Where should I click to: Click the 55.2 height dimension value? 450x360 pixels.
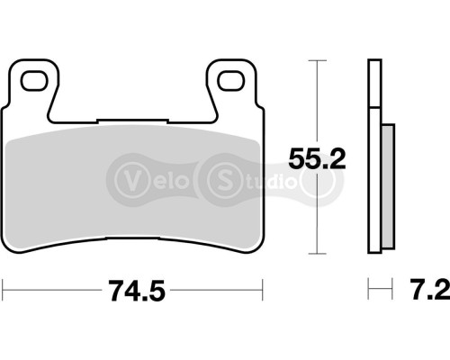coord(314,160)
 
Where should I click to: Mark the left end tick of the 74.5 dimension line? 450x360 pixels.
coord(4,291)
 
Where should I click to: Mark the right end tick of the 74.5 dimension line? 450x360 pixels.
coord(262,291)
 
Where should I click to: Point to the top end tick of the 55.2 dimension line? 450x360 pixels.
coord(314,60)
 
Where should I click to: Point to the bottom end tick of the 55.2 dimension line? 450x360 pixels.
coord(314,255)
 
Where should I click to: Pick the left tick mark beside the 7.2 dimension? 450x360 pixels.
coord(369,291)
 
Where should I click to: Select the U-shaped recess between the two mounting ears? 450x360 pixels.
coord(133,94)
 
